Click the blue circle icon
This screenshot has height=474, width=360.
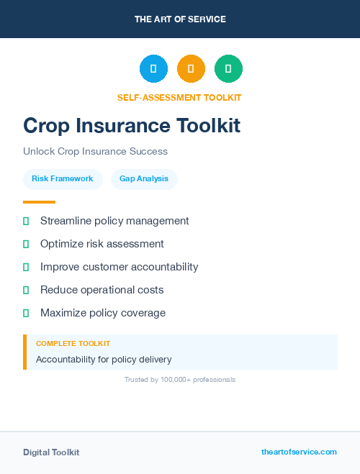pos(153,68)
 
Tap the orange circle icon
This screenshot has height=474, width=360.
pos(191,68)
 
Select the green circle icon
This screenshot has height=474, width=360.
pos(228,68)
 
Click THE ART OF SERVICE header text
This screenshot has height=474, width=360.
pos(180,19)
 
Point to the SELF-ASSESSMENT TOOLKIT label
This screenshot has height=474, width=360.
pos(179,98)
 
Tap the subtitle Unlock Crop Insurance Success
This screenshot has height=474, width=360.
pos(95,152)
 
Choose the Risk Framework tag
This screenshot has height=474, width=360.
pos(63,178)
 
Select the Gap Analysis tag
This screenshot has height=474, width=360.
pos(144,178)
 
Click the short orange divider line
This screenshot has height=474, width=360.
pos(39,202)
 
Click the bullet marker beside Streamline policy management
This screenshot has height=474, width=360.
pos(26,221)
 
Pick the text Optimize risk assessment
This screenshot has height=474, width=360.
pos(102,244)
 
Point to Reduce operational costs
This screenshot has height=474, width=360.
pos(102,290)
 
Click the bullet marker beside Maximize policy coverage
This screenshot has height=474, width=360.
pos(26,313)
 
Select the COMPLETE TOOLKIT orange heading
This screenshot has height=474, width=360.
pos(73,344)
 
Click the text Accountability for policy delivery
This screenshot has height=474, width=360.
pos(104,359)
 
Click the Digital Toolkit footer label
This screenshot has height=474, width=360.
pos(51,452)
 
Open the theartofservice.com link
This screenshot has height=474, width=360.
pos(299,452)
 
